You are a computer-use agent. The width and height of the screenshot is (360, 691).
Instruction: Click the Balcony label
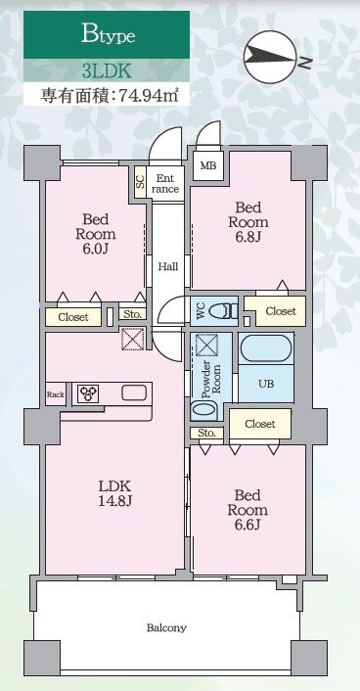tap(166, 627)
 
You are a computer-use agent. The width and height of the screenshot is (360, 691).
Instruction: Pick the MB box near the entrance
tap(207, 165)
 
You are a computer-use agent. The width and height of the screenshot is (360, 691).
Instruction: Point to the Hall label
tap(167, 265)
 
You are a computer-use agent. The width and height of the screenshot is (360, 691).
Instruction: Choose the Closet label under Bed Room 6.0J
tap(72, 317)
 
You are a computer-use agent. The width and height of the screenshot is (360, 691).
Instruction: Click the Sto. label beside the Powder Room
tap(206, 432)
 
